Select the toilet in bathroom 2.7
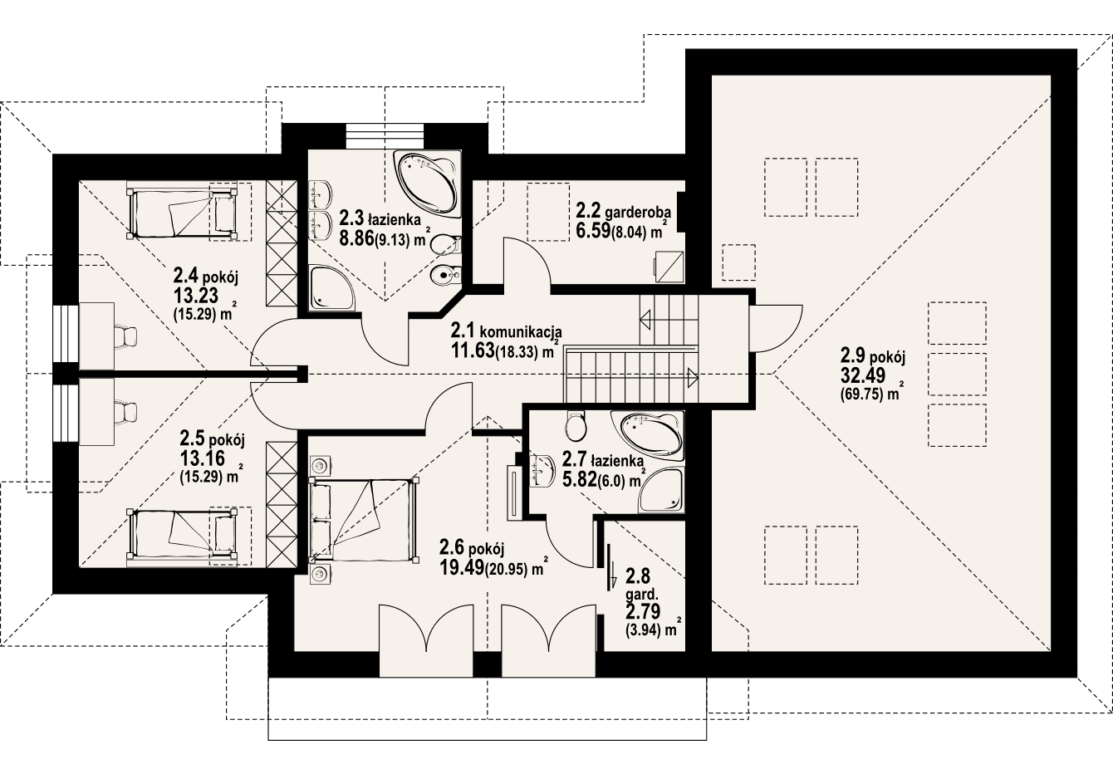pyautogui.click(x=576, y=426)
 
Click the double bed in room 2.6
pyautogui.click(x=363, y=519)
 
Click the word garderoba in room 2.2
pyautogui.click(x=638, y=213)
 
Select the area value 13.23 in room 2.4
pyautogui.click(x=196, y=296)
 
